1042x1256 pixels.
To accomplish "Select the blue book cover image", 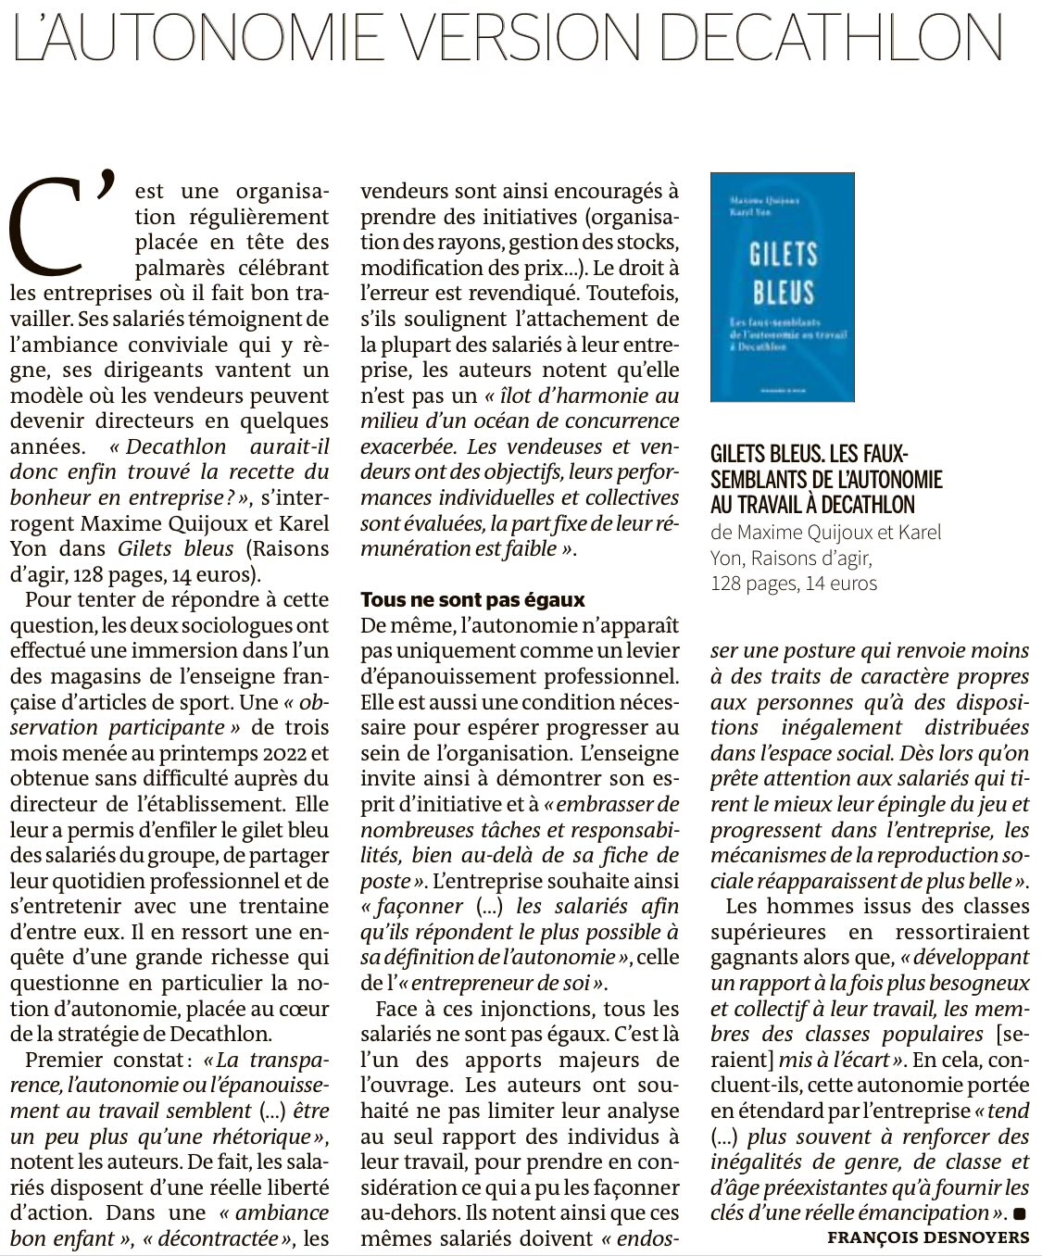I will pos(782,287).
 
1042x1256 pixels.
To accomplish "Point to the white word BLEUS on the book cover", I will pos(783,292).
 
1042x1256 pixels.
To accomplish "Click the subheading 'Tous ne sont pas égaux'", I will pos(472,599).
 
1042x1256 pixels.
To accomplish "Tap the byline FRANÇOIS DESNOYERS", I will pos(928,1237).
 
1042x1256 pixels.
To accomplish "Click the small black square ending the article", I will pos(1020,1213).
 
